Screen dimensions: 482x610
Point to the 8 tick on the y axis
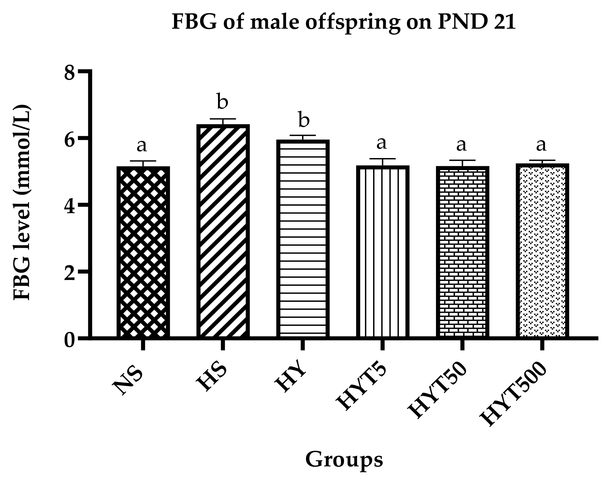click(x=70, y=73)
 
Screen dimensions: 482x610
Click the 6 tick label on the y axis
click(x=70, y=139)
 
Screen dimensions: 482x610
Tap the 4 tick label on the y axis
click(x=70, y=206)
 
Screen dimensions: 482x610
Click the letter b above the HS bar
click(x=223, y=102)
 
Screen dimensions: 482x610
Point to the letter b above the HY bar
click(x=303, y=120)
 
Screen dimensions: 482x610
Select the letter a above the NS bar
click(x=142, y=145)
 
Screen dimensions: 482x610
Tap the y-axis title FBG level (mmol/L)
click(x=22, y=202)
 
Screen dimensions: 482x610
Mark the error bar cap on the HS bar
click(x=223, y=119)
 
